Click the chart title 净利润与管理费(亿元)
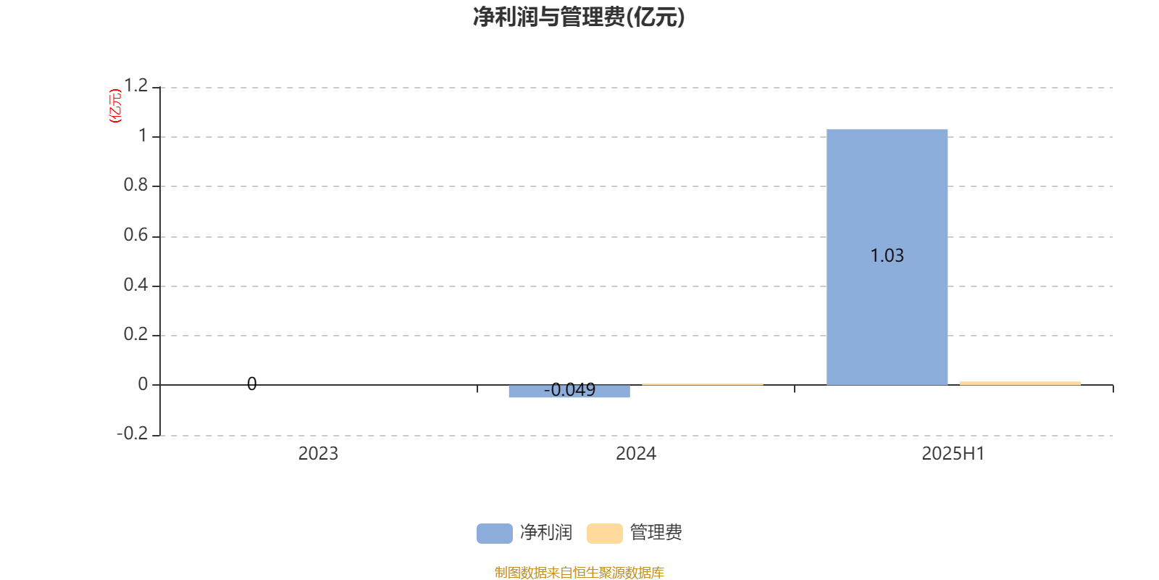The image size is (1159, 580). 579,17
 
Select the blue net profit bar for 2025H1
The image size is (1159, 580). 887,257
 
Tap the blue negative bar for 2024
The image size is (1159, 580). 569,391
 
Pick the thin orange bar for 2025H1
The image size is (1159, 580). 1020,384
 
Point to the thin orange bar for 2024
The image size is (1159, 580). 703,384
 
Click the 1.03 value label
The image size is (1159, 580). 887,255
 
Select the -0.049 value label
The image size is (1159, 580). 569,389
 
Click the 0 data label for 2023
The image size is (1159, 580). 251,384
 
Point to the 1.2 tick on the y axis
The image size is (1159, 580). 136,86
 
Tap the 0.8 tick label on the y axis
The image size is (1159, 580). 135,185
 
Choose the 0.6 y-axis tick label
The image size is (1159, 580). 135,235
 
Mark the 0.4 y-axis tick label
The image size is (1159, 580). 135,285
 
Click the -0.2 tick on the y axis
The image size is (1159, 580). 133,433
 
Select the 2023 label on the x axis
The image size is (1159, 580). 318,454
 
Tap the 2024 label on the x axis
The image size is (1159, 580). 636,454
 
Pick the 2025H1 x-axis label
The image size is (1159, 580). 953,454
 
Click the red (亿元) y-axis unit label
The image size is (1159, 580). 115,106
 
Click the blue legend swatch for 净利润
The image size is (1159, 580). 495,534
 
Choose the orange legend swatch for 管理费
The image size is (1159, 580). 604,534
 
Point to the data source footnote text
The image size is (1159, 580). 579,572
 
